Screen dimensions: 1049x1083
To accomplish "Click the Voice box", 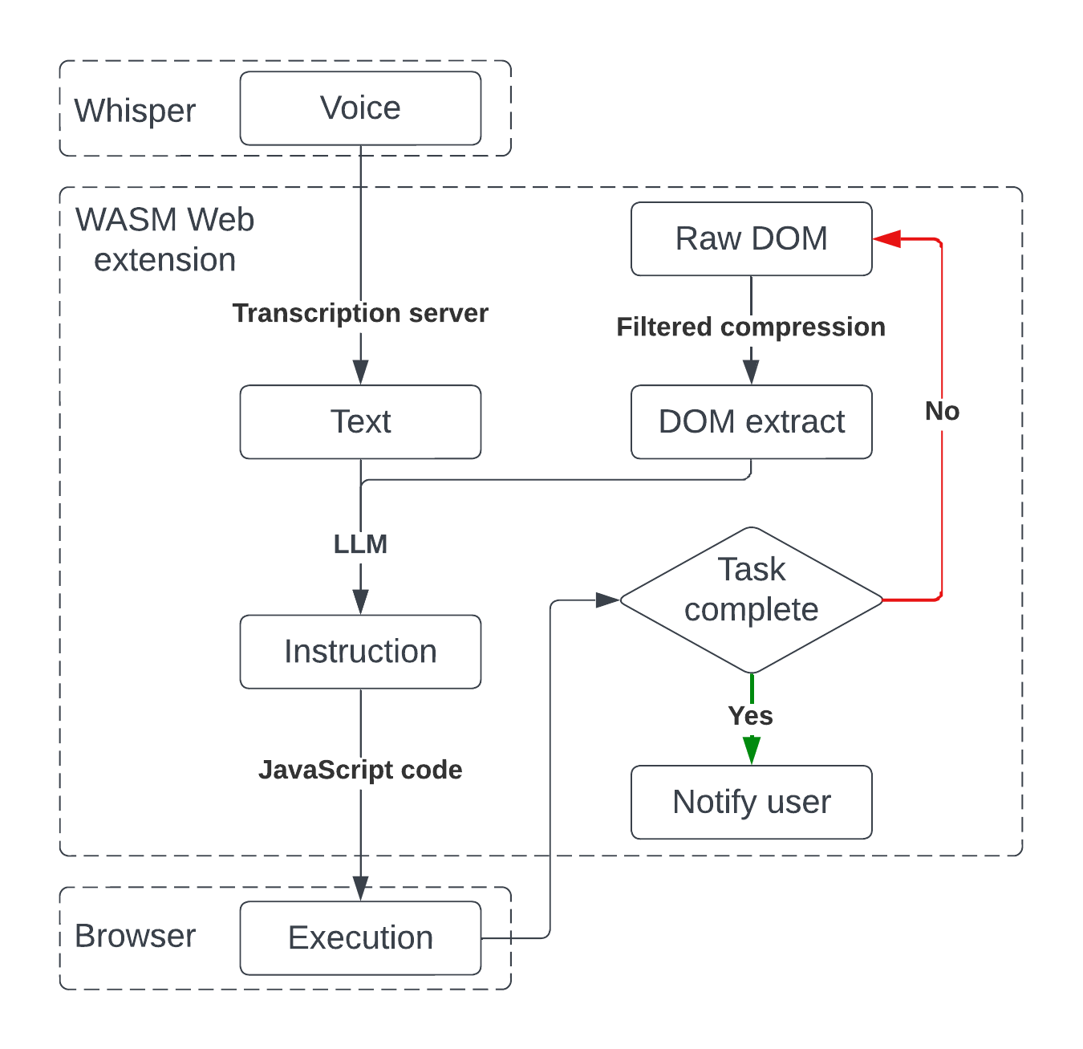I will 360,108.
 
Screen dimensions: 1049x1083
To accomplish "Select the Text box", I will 360,422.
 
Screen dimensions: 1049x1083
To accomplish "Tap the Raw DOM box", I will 751,239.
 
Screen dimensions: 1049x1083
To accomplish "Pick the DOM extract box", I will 751,422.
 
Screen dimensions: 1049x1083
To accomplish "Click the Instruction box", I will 360,652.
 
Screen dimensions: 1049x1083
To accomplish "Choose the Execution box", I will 360,938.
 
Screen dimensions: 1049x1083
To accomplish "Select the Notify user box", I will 751,803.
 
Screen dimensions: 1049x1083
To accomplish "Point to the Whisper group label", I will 135,111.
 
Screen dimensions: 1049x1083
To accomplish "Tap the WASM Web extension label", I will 164,240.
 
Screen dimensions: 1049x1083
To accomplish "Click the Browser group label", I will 135,937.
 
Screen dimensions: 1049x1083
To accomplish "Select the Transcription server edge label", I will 360,313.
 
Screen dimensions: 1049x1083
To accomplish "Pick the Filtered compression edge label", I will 751,327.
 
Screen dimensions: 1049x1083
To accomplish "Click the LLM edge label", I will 360,544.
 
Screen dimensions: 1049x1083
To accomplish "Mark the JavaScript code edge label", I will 360,770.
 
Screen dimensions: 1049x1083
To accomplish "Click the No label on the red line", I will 942,412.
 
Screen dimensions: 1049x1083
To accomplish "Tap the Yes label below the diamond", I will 750,716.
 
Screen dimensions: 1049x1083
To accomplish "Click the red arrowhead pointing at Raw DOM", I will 886,238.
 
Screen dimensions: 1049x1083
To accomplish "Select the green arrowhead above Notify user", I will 751,751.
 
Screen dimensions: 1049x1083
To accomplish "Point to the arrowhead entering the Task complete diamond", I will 607,600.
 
